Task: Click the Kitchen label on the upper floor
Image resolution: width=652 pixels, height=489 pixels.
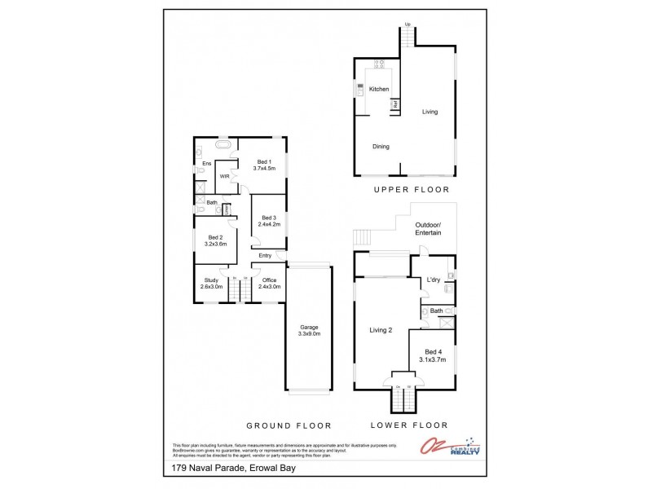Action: coord(379,89)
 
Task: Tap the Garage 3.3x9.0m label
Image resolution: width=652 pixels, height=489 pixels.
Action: coord(310,330)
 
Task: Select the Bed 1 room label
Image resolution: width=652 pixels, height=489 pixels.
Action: coord(264,165)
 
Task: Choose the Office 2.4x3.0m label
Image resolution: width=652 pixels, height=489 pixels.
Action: coord(270,284)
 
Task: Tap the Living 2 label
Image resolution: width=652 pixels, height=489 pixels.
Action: coord(381,330)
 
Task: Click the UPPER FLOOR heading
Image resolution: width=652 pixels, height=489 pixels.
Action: coord(412,190)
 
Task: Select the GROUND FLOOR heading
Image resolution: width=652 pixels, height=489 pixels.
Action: coord(289,425)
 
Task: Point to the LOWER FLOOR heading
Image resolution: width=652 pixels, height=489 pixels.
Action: coord(409,425)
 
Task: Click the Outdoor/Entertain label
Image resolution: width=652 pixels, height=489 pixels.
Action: coord(428,229)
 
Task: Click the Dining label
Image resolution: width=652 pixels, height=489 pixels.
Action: coord(381,147)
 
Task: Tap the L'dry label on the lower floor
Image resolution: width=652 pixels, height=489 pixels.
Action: coord(434,280)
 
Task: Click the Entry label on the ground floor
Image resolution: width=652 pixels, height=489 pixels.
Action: coord(265,256)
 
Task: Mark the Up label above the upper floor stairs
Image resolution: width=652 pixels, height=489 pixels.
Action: coord(407,24)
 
